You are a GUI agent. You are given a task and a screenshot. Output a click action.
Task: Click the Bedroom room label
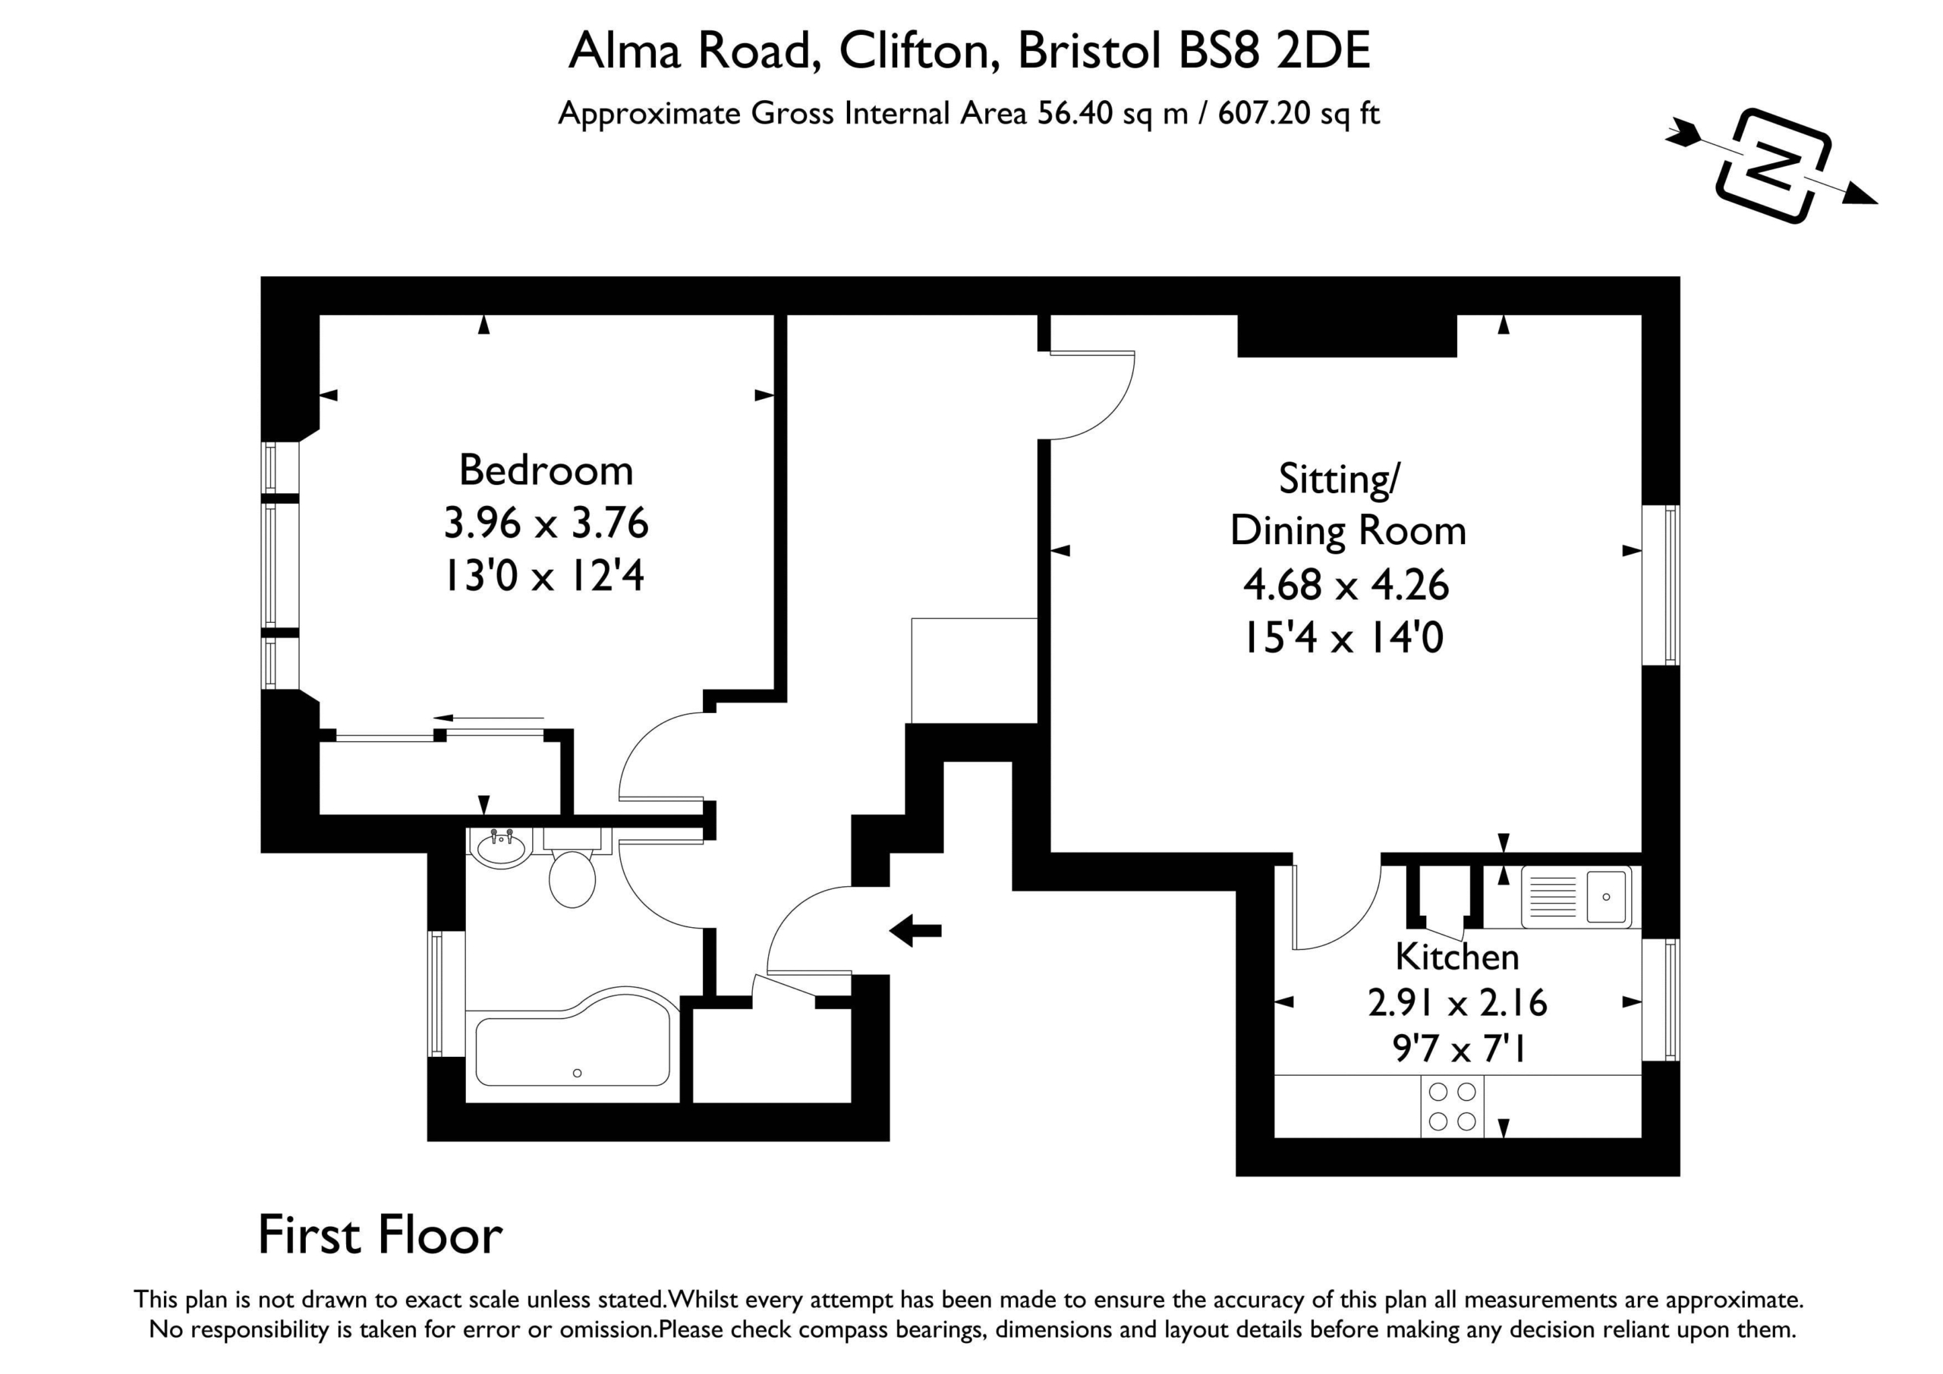[x=546, y=470]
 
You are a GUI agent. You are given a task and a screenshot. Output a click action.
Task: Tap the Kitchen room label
[x=1457, y=957]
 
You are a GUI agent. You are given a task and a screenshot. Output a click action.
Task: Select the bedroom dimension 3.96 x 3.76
[x=546, y=523]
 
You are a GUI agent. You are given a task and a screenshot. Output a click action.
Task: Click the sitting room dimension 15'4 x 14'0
[x=1343, y=637]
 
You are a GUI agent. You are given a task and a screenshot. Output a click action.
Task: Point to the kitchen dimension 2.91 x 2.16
[x=1457, y=1002]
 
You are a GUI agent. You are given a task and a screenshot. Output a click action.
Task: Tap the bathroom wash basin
[x=500, y=847]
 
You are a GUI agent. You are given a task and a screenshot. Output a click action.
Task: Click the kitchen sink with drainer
[x=1576, y=897]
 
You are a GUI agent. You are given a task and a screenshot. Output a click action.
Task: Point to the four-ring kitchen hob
[x=1452, y=1107]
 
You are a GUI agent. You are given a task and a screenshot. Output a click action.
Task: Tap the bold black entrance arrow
[x=915, y=932]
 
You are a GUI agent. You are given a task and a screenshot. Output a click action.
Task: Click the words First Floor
[x=380, y=1236]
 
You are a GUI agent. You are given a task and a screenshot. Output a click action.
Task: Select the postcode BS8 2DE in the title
[x=1274, y=51]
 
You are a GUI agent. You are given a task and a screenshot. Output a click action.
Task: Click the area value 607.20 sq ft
[x=1299, y=113]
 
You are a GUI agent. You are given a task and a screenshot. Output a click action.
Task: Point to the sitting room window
[x=1661, y=585]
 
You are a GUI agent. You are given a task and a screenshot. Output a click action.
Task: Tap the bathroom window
[x=446, y=994]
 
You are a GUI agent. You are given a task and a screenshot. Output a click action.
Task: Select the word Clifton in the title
[x=914, y=51]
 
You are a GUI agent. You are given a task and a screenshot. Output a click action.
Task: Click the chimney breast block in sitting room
[x=1347, y=336]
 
